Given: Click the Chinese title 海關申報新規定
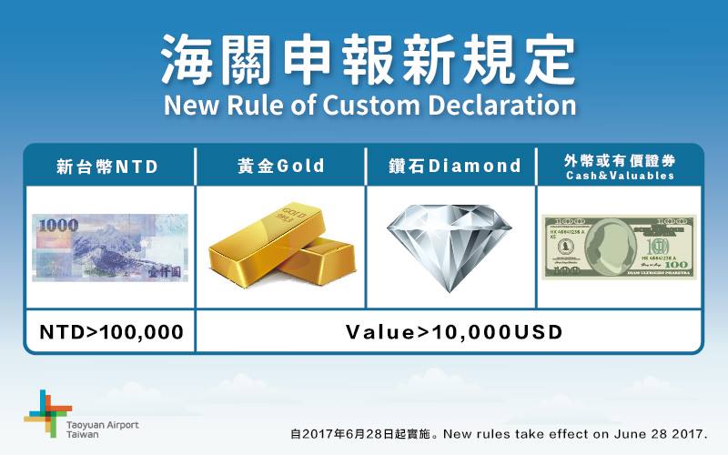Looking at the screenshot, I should (x=364, y=57).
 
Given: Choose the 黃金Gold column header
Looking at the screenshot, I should (x=281, y=167).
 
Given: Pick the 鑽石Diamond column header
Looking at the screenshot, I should (x=450, y=167).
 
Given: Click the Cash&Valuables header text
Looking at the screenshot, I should (x=619, y=176).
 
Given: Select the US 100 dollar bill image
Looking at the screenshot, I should (x=619, y=247).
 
